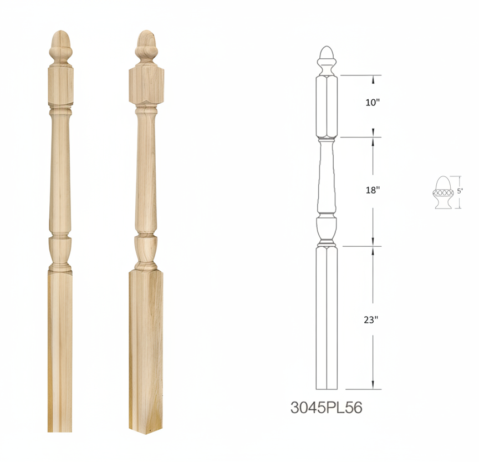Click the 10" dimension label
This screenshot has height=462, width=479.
coord(373,103)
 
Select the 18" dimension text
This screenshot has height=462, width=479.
coord(373,190)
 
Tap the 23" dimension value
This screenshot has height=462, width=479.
coord(372,319)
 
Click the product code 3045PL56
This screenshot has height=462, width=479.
coord(326,408)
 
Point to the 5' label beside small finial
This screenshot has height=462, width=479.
coord(460,191)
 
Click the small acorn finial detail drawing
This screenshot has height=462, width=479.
coord(443,192)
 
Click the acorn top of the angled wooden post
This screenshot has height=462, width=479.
coord(145,45)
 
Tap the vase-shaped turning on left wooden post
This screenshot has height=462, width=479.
coord(60,253)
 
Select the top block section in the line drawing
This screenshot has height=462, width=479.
coord(327,106)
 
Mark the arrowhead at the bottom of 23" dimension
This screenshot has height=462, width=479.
coord(373,385)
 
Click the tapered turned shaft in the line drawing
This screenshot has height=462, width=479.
coord(327,177)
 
